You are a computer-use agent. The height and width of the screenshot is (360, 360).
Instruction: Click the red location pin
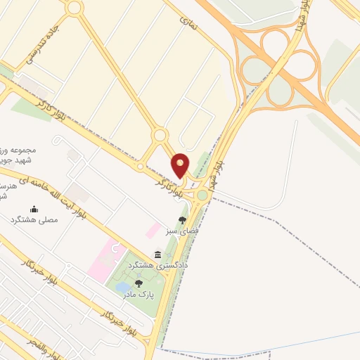181,165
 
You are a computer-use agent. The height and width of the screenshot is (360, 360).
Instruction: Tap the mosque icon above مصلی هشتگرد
34,209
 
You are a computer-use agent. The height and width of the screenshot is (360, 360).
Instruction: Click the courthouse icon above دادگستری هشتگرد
157,255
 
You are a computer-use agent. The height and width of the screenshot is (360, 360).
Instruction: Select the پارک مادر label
139,295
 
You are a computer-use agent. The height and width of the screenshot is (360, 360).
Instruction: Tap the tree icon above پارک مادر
139,283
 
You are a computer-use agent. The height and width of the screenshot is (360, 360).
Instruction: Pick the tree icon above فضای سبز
183,220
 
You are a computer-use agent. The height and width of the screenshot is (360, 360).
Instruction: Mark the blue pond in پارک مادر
123,287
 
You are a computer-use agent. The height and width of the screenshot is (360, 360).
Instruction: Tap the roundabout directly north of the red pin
160,134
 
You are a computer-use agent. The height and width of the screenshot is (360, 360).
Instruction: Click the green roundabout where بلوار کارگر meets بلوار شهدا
202,194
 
